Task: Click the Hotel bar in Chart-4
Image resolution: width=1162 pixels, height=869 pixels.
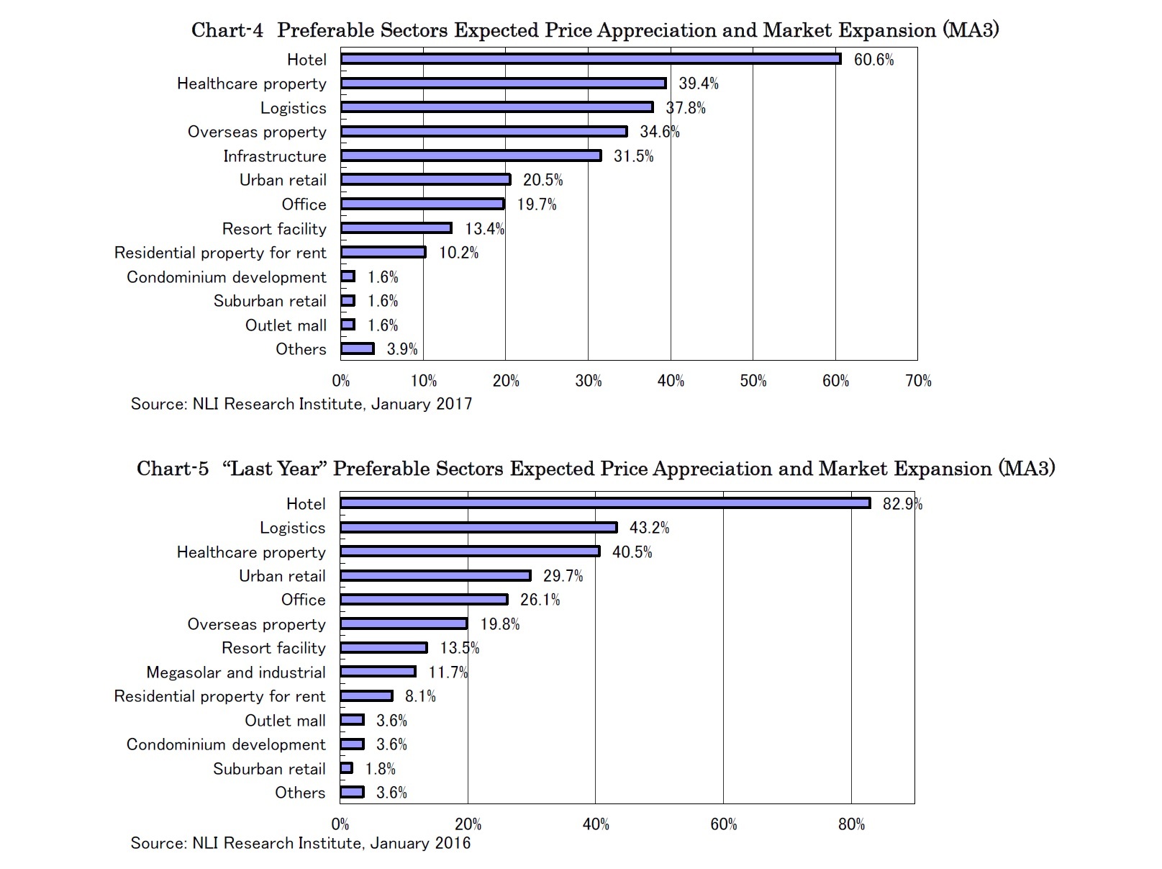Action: click(590, 59)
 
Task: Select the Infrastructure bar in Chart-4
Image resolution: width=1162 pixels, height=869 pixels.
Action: click(471, 156)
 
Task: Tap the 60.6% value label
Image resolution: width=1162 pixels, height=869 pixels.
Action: click(873, 60)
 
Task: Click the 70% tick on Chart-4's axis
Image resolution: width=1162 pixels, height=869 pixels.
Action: click(918, 381)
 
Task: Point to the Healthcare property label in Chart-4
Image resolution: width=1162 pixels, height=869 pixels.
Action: click(251, 84)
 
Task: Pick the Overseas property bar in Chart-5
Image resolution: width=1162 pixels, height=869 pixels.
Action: click(404, 623)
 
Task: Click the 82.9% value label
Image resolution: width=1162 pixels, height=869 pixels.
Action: click(902, 504)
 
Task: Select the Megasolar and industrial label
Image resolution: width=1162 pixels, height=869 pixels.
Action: click(235, 672)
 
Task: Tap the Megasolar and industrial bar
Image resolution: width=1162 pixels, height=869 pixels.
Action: click(378, 672)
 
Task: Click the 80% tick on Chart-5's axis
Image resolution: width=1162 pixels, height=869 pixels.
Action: click(851, 824)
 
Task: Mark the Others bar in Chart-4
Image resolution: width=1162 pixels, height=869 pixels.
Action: click(357, 349)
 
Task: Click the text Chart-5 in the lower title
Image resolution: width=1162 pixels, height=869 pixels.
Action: click(173, 469)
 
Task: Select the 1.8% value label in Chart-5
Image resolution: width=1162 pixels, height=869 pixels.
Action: click(380, 769)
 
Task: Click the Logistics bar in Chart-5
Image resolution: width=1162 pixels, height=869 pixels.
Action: click(478, 528)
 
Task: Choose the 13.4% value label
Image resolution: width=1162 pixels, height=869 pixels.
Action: click(484, 229)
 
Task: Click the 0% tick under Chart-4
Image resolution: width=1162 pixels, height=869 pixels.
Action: click(341, 381)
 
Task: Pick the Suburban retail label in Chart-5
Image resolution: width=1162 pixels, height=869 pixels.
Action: click(269, 769)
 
